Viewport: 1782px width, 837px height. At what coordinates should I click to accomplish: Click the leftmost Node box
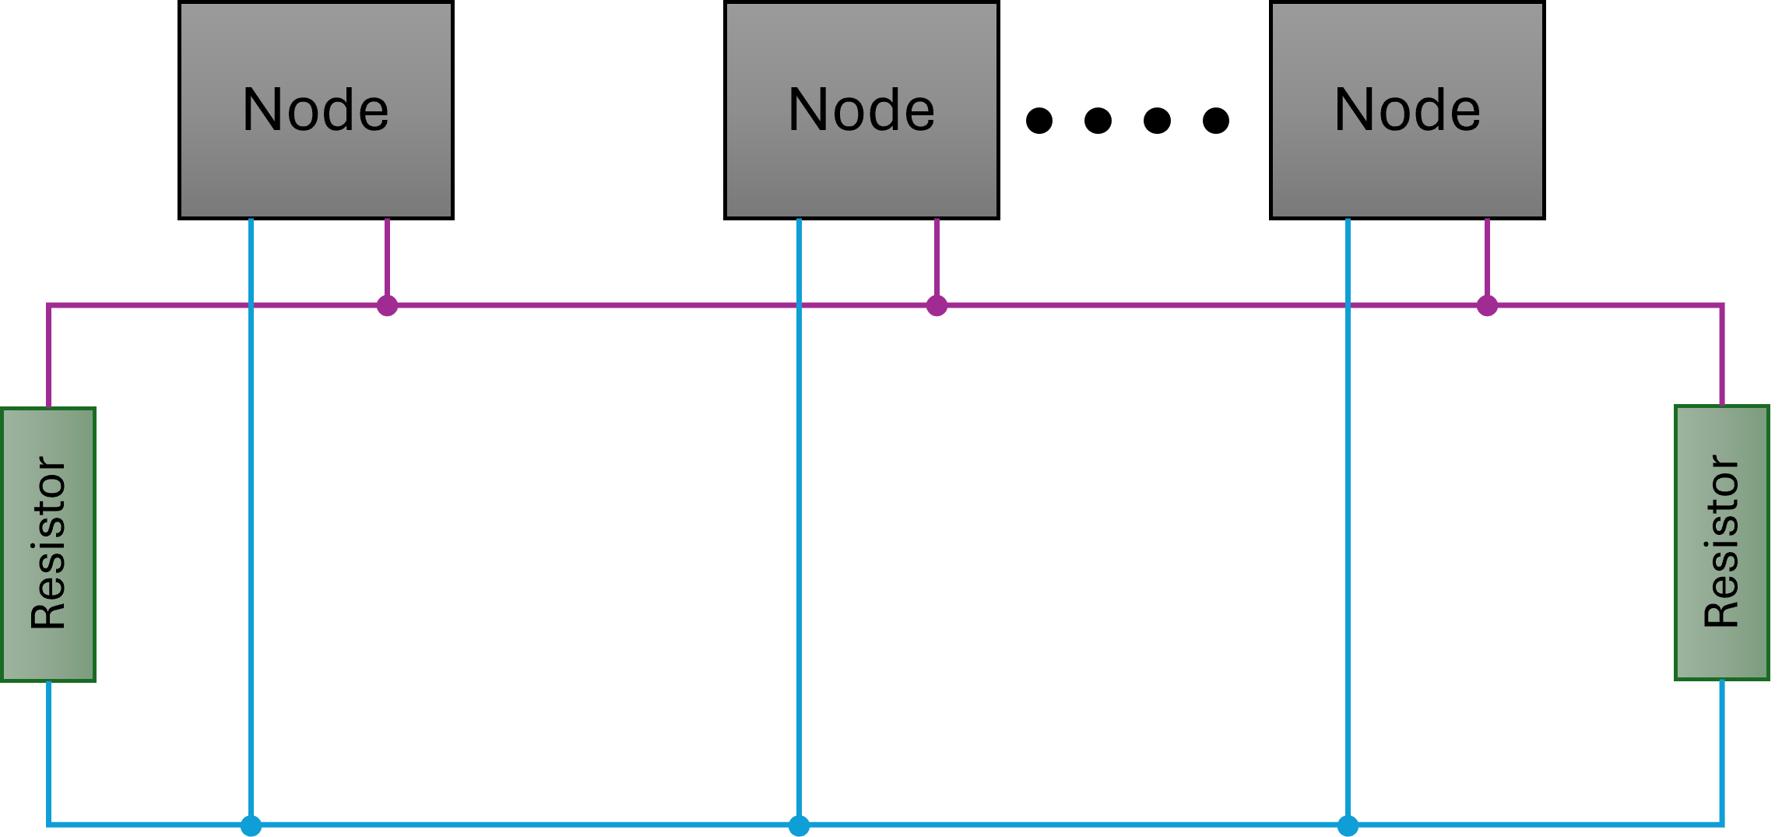316,111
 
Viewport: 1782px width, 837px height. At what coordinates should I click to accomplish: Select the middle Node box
862,111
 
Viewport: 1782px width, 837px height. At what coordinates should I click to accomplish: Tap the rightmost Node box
1408,111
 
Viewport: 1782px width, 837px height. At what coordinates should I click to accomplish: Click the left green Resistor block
48,544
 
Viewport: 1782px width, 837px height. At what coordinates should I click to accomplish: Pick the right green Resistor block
1722,543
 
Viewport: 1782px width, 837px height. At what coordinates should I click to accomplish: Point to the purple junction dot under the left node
387,305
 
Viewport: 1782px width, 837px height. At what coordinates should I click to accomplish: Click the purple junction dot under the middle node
937,305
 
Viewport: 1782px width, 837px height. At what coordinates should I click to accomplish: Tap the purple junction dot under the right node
1487,305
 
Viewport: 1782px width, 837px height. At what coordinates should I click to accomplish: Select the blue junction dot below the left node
251,825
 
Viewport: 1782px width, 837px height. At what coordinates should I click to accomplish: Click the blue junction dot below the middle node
799,825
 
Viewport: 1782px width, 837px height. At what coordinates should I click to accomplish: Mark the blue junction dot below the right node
1348,825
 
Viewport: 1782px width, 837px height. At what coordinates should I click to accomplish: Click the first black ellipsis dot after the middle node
1039,121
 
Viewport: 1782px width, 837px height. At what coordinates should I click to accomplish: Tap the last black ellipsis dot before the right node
1216,121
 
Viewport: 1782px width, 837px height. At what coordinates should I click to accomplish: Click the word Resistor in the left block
48,543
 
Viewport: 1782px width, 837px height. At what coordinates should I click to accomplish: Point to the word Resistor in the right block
1721,541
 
